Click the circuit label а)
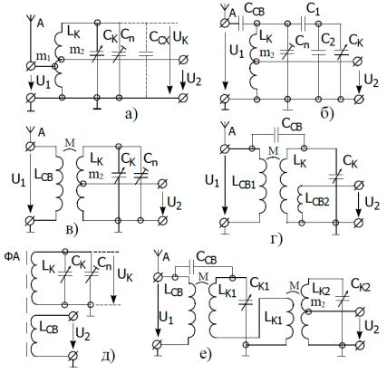pyautogui.click(x=131, y=114)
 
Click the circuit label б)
pyautogui.click(x=327, y=113)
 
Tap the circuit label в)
pyautogui.click(x=72, y=230)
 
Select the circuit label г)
pyautogui.click(x=276, y=239)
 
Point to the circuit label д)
pyautogui.click(x=109, y=356)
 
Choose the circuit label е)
pyautogui.click(x=205, y=354)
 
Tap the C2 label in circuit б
pyautogui.click(x=328, y=40)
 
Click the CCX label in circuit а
pyautogui.click(x=159, y=37)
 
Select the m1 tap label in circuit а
pyautogui.click(x=43, y=56)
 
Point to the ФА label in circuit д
pyautogui.click(x=12, y=257)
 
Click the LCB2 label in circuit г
pyautogui.click(x=317, y=199)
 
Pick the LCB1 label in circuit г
pyautogui.click(x=244, y=182)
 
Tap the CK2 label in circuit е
pyautogui.click(x=361, y=284)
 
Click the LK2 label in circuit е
pyautogui.click(x=321, y=290)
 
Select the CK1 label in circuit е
pyautogui.click(x=259, y=283)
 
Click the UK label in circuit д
pyautogui.click(x=125, y=275)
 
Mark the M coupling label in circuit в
pyautogui.click(x=70, y=142)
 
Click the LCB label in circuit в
pyautogui.click(x=44, y=176)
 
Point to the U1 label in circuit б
pyautogui.click(x=237, y=51)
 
